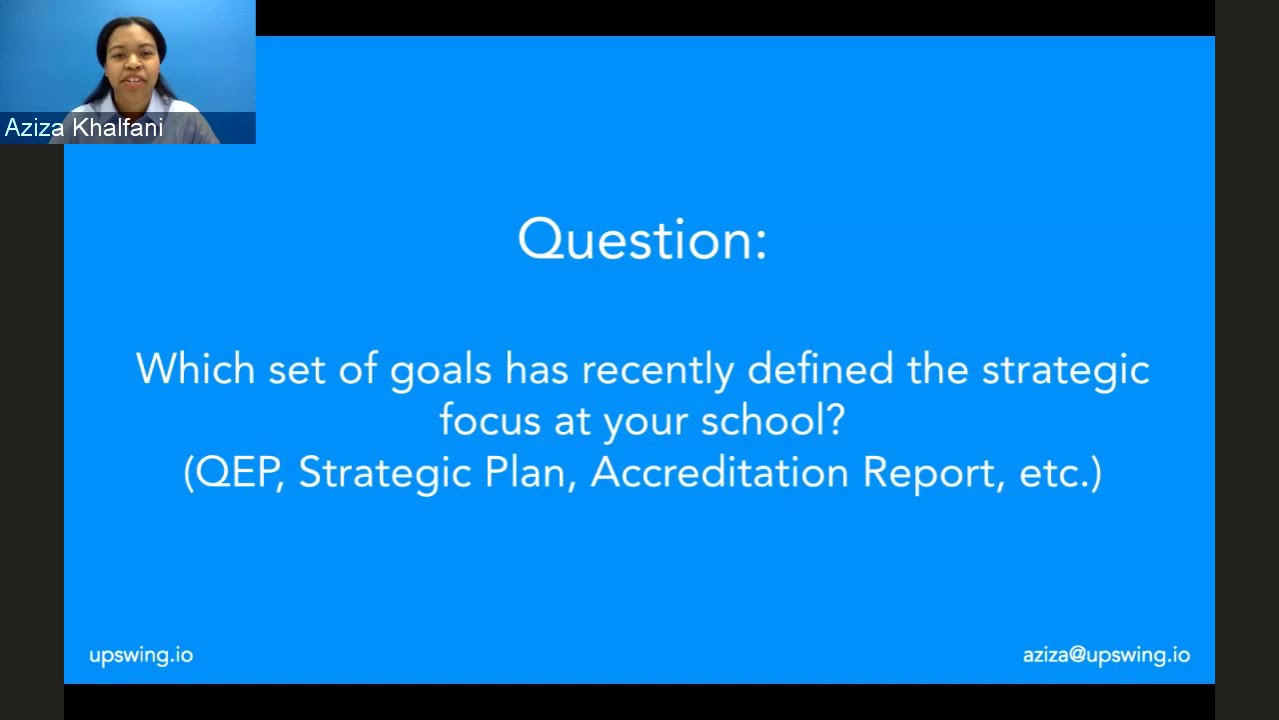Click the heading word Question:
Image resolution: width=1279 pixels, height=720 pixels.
642,240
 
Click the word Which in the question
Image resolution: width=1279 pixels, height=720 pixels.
195,369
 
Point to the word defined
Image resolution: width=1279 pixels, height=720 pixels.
820,369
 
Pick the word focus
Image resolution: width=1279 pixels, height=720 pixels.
490,420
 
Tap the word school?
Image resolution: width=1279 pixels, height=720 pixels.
772,420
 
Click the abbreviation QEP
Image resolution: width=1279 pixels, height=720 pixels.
237,472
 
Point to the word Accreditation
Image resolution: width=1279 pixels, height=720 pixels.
719,472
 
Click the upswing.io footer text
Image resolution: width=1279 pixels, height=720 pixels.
141,655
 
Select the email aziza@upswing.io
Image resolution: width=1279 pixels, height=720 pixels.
1106,655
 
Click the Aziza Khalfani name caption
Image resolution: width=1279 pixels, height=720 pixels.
84,128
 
